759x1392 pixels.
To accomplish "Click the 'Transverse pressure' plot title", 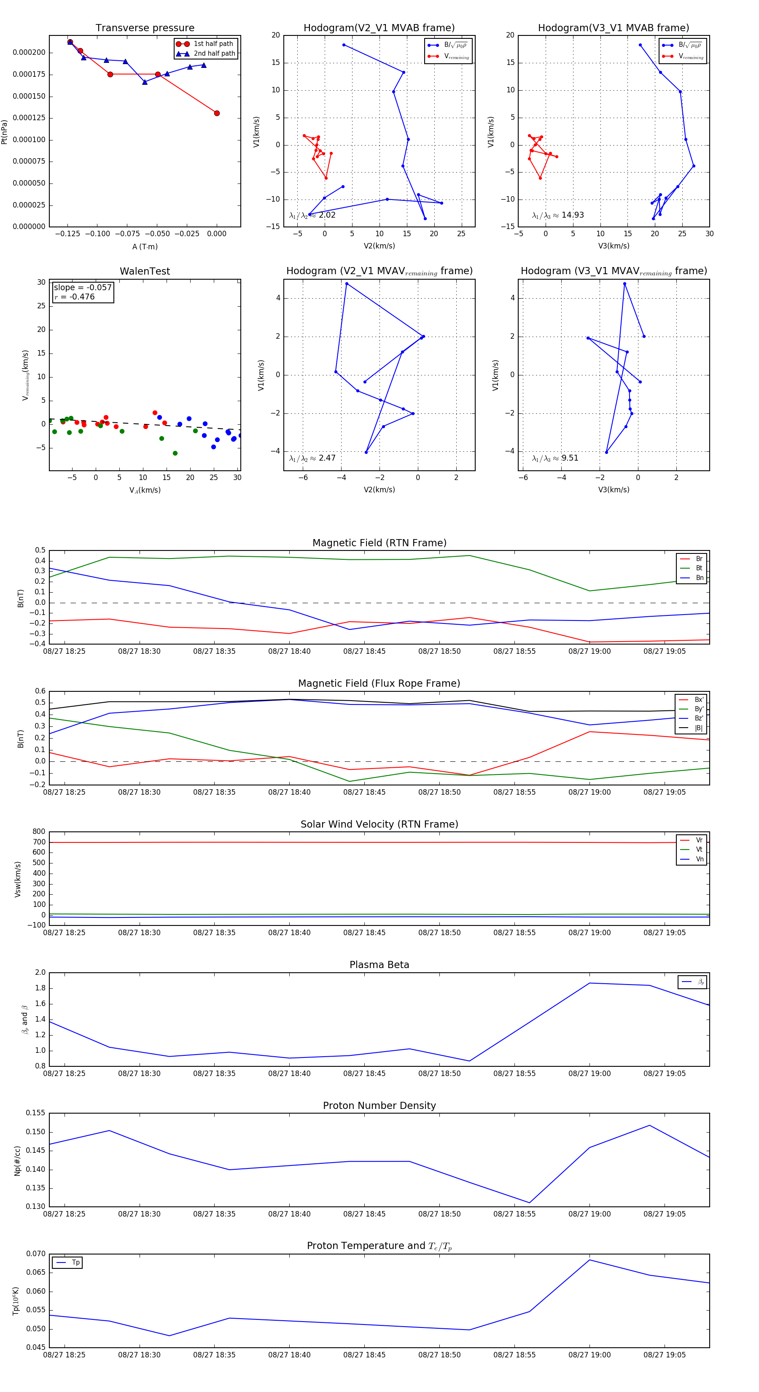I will point(145,28).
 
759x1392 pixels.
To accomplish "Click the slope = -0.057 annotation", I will point(83,288).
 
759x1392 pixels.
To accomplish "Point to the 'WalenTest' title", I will point(145,271).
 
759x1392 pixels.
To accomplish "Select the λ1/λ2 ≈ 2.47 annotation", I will point(312,458).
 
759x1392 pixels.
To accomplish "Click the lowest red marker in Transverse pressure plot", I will point(217,113).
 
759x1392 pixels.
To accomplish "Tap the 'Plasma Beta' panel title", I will point(379,965).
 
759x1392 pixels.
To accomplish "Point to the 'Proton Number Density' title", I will point(379,1105).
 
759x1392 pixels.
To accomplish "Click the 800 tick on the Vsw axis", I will point(39,832).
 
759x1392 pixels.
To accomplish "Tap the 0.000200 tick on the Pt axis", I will point(29,52).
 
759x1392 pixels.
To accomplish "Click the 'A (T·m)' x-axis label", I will point(145,246).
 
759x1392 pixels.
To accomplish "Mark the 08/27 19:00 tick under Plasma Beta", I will point(589,1073).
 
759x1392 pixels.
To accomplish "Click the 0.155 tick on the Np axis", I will point(36,1113).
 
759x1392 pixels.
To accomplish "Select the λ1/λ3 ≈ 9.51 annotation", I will point(555,458).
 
